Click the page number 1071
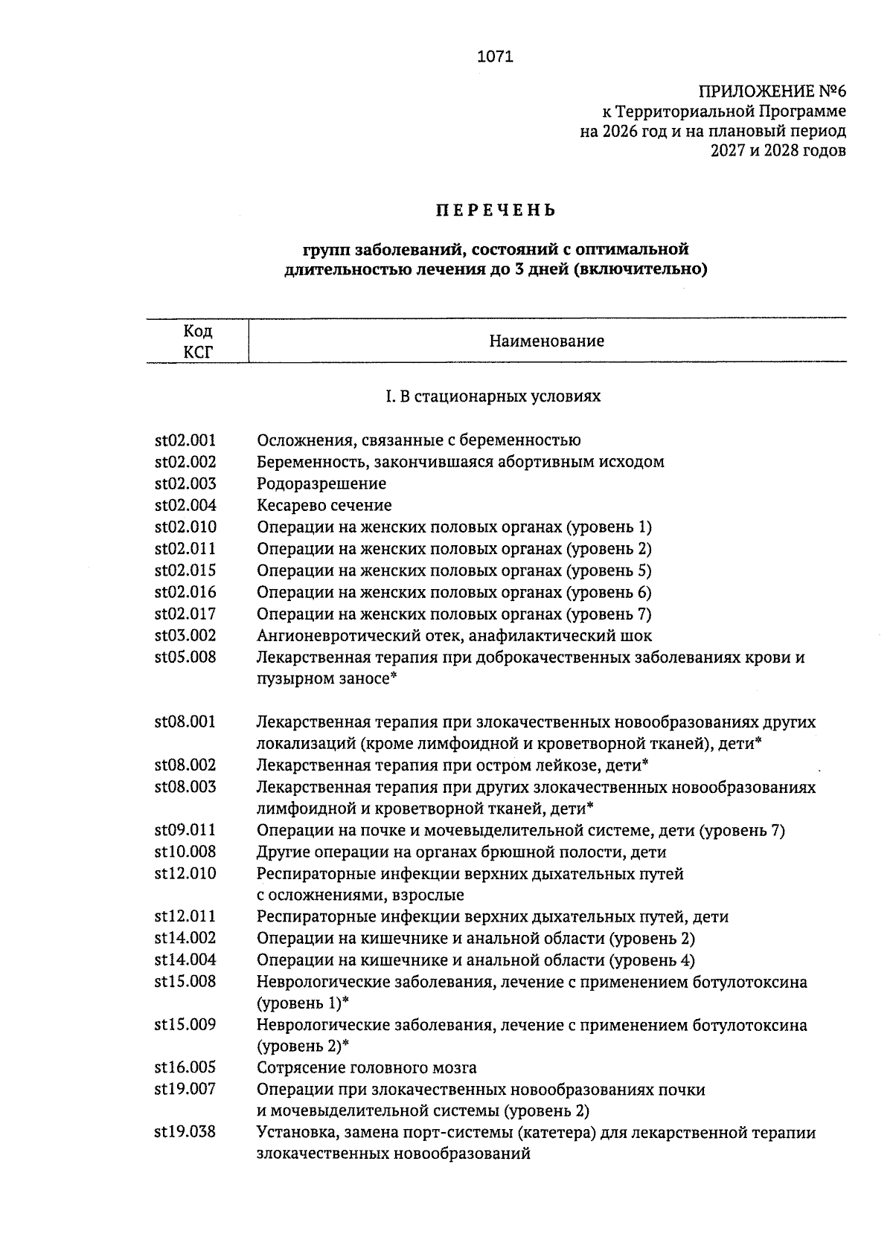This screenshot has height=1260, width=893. click(x=495, y=57)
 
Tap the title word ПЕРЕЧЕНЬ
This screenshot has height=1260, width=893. click(x=496, y=210)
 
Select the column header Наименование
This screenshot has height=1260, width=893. click(x=546, y=341)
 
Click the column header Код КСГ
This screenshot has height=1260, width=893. click(x=198, y=341)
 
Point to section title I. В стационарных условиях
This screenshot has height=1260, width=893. click(x=493, y=396)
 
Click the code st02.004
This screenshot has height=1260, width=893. click(x=185, y=506)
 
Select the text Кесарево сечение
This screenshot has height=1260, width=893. click(x=324, y=506)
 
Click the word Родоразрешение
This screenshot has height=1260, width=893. click(x=321, y=484)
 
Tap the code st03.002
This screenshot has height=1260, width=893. click(x=185, y=636)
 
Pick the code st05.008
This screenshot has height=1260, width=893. click(x=185, y=658)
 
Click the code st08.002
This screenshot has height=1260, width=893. click(x=185, y=765)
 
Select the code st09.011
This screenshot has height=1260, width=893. click(x=185, y=831)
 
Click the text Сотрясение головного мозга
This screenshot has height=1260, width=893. click(x=366, y=1068)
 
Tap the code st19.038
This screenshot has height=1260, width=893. click(x=185, y=1133)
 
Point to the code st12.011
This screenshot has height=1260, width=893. click(x=185, y=917)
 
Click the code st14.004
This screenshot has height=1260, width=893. click(x=185, y=960)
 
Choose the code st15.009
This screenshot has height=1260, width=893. click(x=185, y=1025)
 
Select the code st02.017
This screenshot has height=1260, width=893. click(x=185, y=614)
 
